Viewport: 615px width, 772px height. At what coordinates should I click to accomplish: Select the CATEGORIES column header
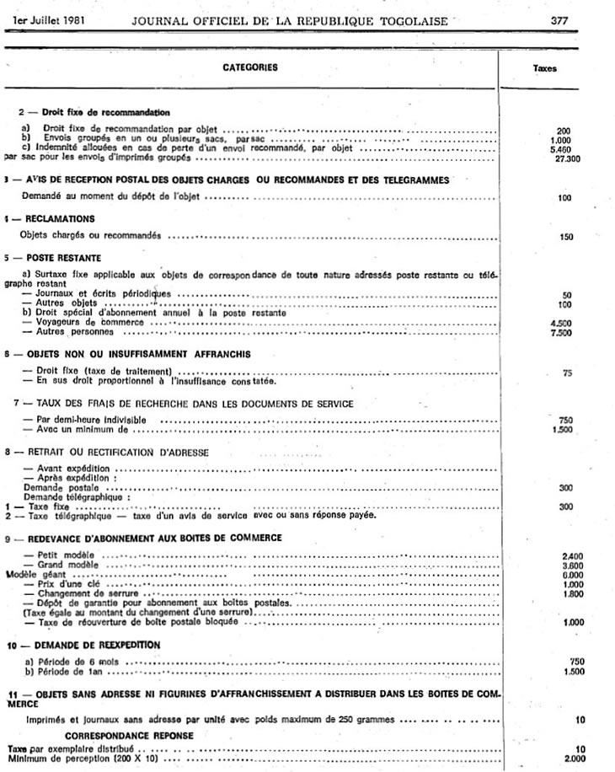(250, 67)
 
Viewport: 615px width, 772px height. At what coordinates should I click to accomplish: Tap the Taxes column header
(544, 70)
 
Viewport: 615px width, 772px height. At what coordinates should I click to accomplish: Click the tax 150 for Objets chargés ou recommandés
(566, 237)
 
